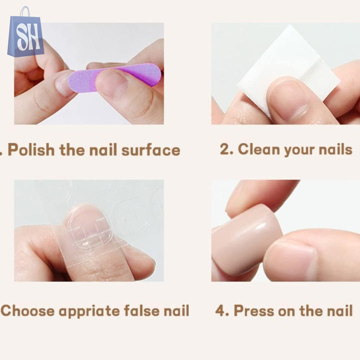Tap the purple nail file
coord(115,77)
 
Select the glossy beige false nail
coord(247,239)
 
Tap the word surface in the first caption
coord(150,150)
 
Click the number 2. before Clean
coord(226,149)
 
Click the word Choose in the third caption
coord(27,311)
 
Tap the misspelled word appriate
coord(89,311)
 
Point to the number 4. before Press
coord(222,310)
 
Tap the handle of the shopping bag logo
coord(25,11)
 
